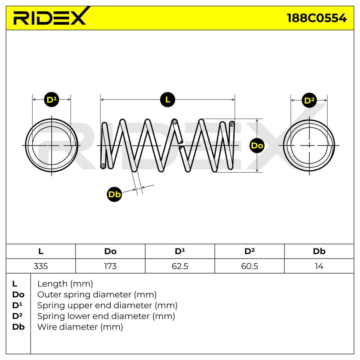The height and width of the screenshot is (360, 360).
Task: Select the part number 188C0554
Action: click(317, 18)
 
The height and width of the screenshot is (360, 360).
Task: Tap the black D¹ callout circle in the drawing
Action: click(51, 99)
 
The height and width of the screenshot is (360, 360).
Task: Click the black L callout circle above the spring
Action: click(168, 99)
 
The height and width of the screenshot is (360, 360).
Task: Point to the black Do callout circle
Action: click(257, 146)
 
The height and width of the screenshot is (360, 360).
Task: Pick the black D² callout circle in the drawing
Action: click(309, 100)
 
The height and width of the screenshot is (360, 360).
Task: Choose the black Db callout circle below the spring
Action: click(114, 194)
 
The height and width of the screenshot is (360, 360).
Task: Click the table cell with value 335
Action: click(41, 266)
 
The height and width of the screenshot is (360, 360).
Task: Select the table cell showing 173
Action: click(110, 266)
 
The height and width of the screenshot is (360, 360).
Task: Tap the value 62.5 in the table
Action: click(180, 266)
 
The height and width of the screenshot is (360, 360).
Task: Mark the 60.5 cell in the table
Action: click(250, 266)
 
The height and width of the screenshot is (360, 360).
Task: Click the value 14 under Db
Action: click(319, 266)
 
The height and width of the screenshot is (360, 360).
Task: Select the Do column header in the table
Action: click(110, 251)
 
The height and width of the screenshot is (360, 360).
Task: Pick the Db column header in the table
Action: click(319, 251)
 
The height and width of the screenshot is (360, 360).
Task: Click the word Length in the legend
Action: click(52, 284)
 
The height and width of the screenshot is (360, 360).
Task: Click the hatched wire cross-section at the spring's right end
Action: click(232, 124)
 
